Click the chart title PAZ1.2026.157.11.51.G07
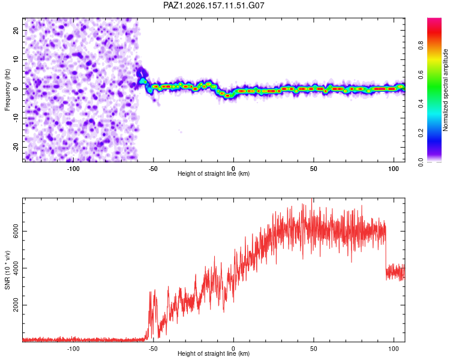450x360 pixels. coord(214,5)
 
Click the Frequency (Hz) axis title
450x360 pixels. coord(7,90)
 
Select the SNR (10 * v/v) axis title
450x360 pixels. coord(7,270)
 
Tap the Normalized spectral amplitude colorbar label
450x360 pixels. coord(445,90)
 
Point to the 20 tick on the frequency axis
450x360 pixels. coord(16,31)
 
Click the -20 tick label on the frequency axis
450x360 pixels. coord(16,147)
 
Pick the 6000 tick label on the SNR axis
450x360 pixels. coord(16,231)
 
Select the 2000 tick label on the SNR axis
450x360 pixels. coord(16,305)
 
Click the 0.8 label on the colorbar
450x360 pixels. coord(421,46)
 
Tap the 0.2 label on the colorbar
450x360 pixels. coord(421,133)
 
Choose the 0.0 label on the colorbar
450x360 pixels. coord(421,162)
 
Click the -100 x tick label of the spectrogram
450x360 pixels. coord(73,169)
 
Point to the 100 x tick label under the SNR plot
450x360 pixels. coord(394,349)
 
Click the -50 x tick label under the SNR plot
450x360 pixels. coord(153,349)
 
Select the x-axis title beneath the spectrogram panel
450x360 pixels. coord(214,173)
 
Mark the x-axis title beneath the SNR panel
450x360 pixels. coord(214,353)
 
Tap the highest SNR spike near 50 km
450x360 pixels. coord(311,200)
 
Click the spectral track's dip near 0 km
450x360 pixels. coord(227,95)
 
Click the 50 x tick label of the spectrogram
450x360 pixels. coord(313,169)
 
